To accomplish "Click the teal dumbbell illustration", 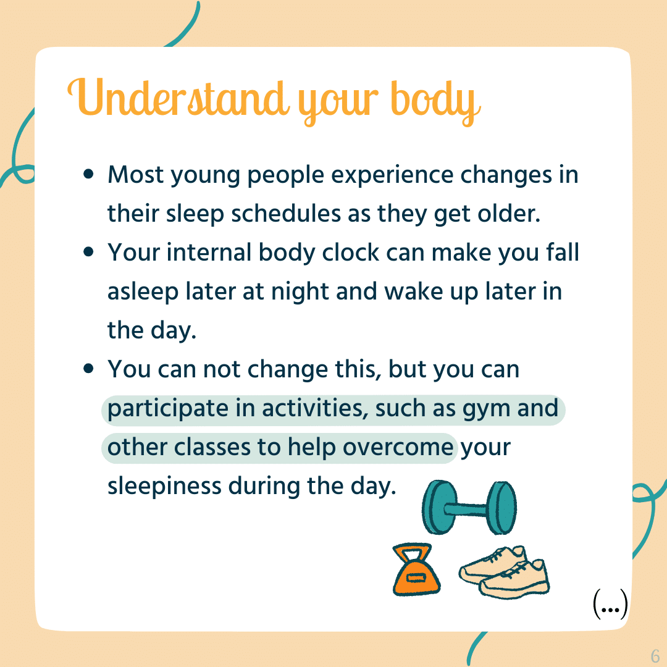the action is click(x=469, y=508).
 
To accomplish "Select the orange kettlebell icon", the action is click(x=416, y=569).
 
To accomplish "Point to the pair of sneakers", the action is click(x=505, y=572).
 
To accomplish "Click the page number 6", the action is click(x=655, y=655).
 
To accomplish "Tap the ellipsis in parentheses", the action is click(x=610, y=604).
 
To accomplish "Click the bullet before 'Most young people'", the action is click(x=88, y=174).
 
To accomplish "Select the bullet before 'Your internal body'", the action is click(x=88, y=252).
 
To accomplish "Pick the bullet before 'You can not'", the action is click(x=88, y=368).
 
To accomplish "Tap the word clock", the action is click(x=350, y=252).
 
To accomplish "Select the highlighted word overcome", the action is click(x=398, y=448).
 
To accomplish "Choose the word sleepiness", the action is click(x=164, y=487).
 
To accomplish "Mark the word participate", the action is click(x=167, y=409).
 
